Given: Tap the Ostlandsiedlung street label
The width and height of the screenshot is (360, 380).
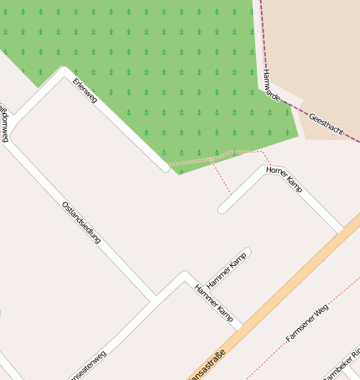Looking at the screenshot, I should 81,222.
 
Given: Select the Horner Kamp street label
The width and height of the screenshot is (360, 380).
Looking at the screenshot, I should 284,180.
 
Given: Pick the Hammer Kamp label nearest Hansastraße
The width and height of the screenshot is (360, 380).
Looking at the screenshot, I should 213,303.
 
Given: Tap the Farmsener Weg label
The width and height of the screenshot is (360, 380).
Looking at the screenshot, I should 307,323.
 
